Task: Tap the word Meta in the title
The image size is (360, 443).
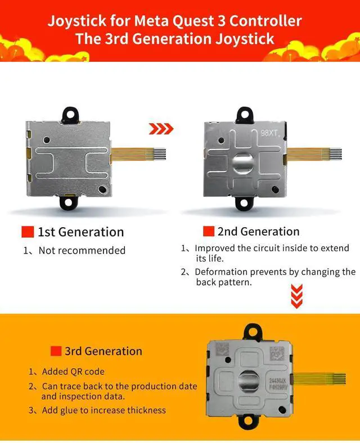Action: tap(151, 21)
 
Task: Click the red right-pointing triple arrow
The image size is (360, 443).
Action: tap(161, 129)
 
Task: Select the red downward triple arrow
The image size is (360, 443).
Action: tap(296, 296)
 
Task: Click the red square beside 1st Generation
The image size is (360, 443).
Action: tap(28, 232)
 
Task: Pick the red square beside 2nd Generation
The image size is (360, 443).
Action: tap(209, 231)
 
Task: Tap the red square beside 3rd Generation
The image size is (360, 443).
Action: tap(56, 351)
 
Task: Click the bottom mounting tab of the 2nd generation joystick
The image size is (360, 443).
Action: tap(244, 204)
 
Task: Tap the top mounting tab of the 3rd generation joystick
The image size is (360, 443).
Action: tap(252, 332)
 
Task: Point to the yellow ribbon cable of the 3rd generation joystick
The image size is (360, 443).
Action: tap(319, 379)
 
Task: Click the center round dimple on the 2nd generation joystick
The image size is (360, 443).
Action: tap(242, 163)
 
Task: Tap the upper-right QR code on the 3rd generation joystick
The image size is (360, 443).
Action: tap(276, 353)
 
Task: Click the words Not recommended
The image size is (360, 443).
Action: tap(82, 250)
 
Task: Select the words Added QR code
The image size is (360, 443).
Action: tap(73, 371)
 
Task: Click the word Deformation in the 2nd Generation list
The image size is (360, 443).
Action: tap(221, 272)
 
